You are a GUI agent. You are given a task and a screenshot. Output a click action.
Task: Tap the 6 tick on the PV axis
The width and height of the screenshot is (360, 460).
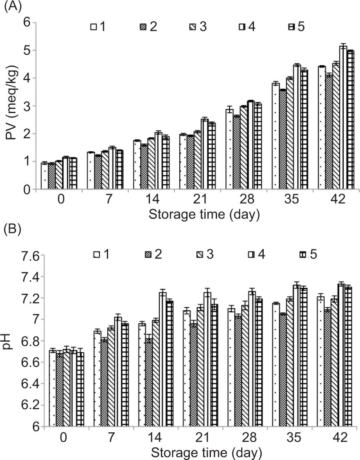(x=26, y=22)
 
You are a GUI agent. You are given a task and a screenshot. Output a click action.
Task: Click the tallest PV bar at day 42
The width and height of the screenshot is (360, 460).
(x=343, y=118)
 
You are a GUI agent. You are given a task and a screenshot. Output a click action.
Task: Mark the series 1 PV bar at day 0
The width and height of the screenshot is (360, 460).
(x=45, y=176)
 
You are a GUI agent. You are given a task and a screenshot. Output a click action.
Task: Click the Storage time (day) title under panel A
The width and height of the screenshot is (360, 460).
(x=204, y=214)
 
